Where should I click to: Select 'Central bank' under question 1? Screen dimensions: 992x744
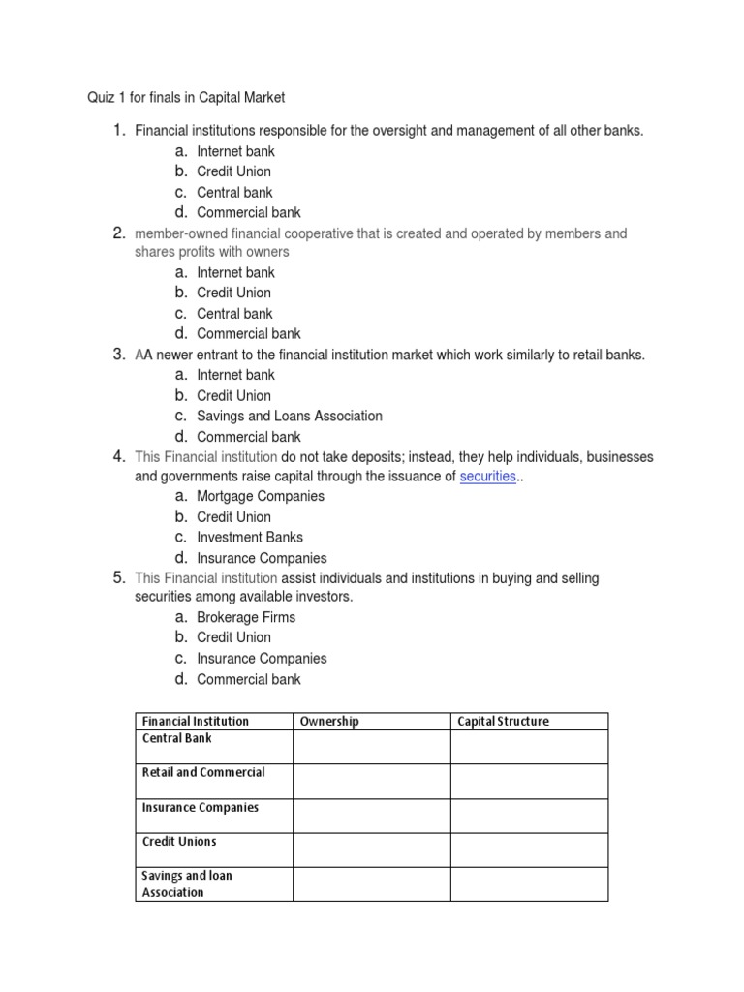(234, 192)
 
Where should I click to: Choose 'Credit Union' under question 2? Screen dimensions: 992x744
(233, 293)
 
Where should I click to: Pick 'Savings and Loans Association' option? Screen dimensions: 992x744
(290, 416)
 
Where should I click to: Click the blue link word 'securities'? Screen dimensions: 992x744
(487, 477)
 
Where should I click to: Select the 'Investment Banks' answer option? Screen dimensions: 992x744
(250, 537)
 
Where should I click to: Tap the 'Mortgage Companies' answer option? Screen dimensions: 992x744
(261, 496)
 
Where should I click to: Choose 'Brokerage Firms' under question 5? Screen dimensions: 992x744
(247, 617)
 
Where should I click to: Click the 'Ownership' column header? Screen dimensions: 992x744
(329, 721)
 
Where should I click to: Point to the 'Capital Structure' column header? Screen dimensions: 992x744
(503, 721)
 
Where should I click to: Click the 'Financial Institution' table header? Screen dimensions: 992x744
(196, 721)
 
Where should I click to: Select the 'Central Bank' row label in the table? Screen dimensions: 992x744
(177, 738)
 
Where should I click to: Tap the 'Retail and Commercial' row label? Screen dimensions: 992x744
(203, 772)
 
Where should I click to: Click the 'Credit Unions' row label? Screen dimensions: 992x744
(179, 841)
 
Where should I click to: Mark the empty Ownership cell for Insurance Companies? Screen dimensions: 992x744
(371, 816)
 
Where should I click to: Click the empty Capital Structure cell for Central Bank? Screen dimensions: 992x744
(529, 747)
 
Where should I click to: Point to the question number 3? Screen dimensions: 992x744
(119, 355)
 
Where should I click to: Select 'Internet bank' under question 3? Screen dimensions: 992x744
(235, 375)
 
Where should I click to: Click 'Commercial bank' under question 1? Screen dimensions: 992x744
(249, 212)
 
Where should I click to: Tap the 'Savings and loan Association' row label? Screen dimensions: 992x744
(187, 883)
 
